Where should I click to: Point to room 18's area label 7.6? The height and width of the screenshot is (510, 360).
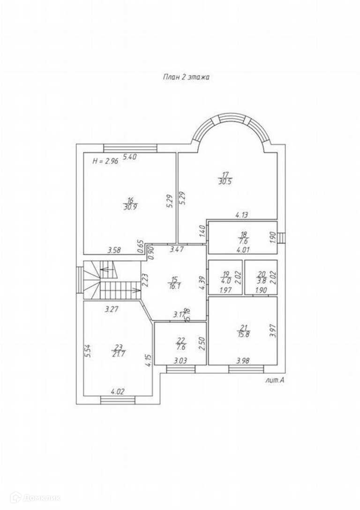click(x=243, y=240)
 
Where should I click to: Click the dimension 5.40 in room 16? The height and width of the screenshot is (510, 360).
click(x=129, y=157)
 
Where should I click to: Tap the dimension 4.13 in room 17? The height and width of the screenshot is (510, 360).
click(x=241, y=215)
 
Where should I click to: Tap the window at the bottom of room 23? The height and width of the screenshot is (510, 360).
click(x=117, y=399)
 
